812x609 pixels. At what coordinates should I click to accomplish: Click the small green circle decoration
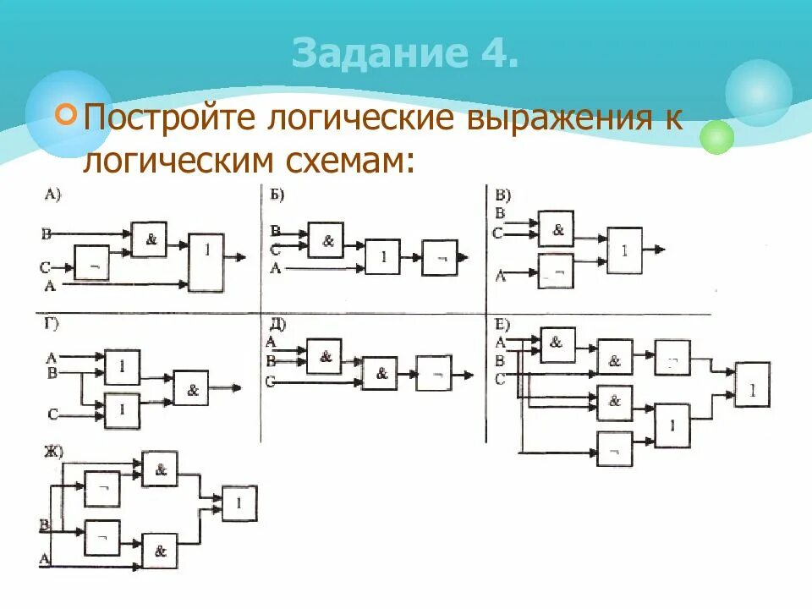717,136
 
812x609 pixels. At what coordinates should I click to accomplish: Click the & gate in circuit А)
151,239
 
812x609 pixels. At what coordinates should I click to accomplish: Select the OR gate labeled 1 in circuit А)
206,262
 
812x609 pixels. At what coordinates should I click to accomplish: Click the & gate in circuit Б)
327,241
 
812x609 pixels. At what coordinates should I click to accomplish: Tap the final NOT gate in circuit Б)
441,256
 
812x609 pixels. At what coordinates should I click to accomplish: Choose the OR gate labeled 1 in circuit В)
624,250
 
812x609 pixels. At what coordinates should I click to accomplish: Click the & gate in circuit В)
557,230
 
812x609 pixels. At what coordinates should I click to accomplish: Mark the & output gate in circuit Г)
191,389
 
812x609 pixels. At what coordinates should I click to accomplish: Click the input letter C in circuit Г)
52,414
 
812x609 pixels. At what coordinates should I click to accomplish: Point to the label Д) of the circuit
277,324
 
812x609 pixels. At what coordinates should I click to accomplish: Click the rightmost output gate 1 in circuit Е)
752,389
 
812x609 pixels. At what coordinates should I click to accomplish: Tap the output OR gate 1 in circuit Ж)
239,504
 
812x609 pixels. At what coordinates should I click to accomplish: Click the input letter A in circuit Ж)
44,557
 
